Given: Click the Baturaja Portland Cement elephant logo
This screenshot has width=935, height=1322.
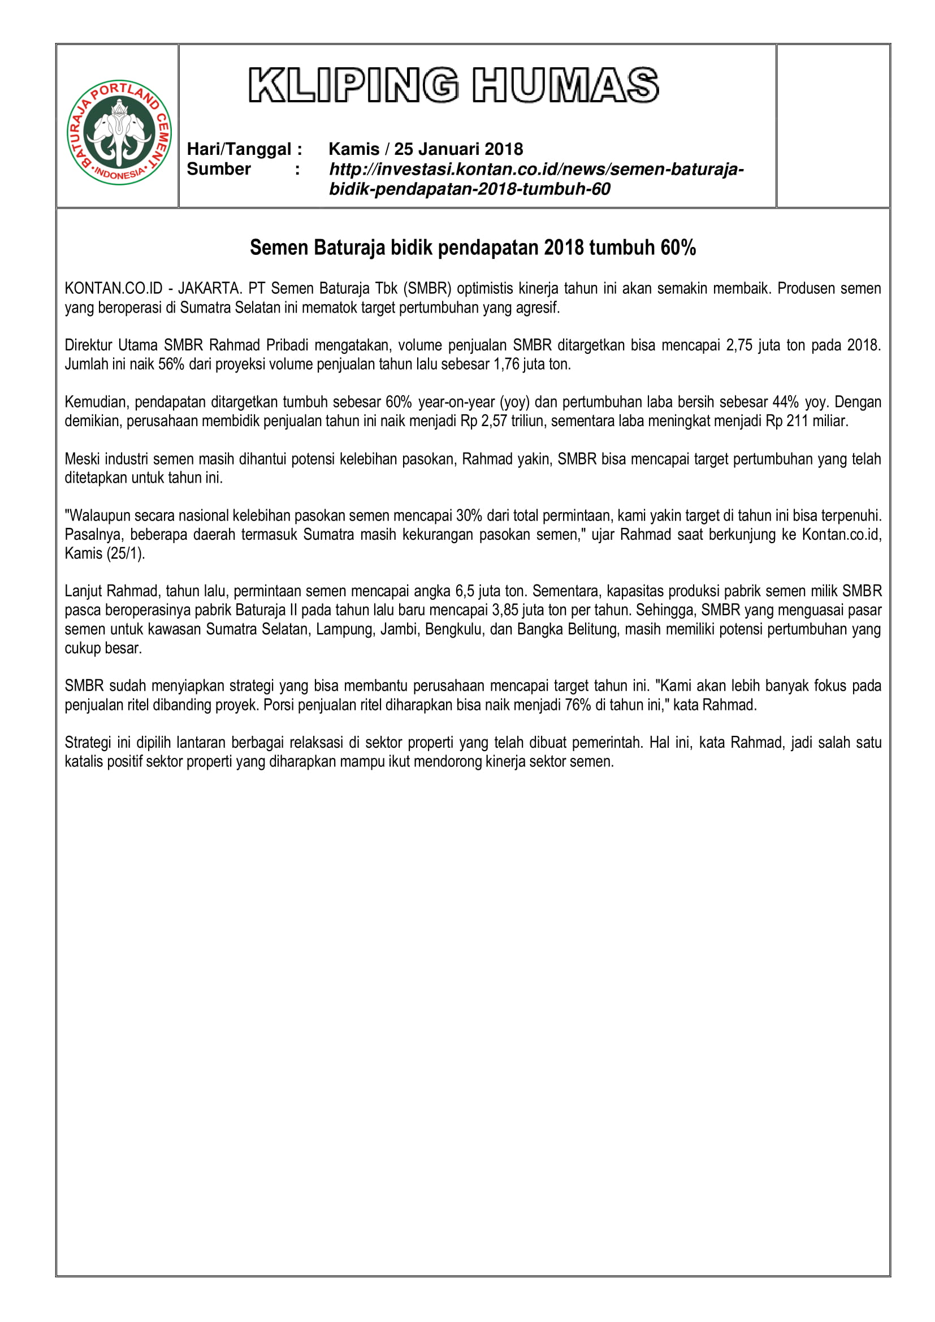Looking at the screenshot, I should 119,132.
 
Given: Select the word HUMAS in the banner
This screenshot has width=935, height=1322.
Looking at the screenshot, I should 565,85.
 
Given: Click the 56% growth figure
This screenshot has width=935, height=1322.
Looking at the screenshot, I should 171,364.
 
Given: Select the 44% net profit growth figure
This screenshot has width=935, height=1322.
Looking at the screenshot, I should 786,402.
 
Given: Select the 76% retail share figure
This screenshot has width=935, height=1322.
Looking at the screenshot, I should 578,705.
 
